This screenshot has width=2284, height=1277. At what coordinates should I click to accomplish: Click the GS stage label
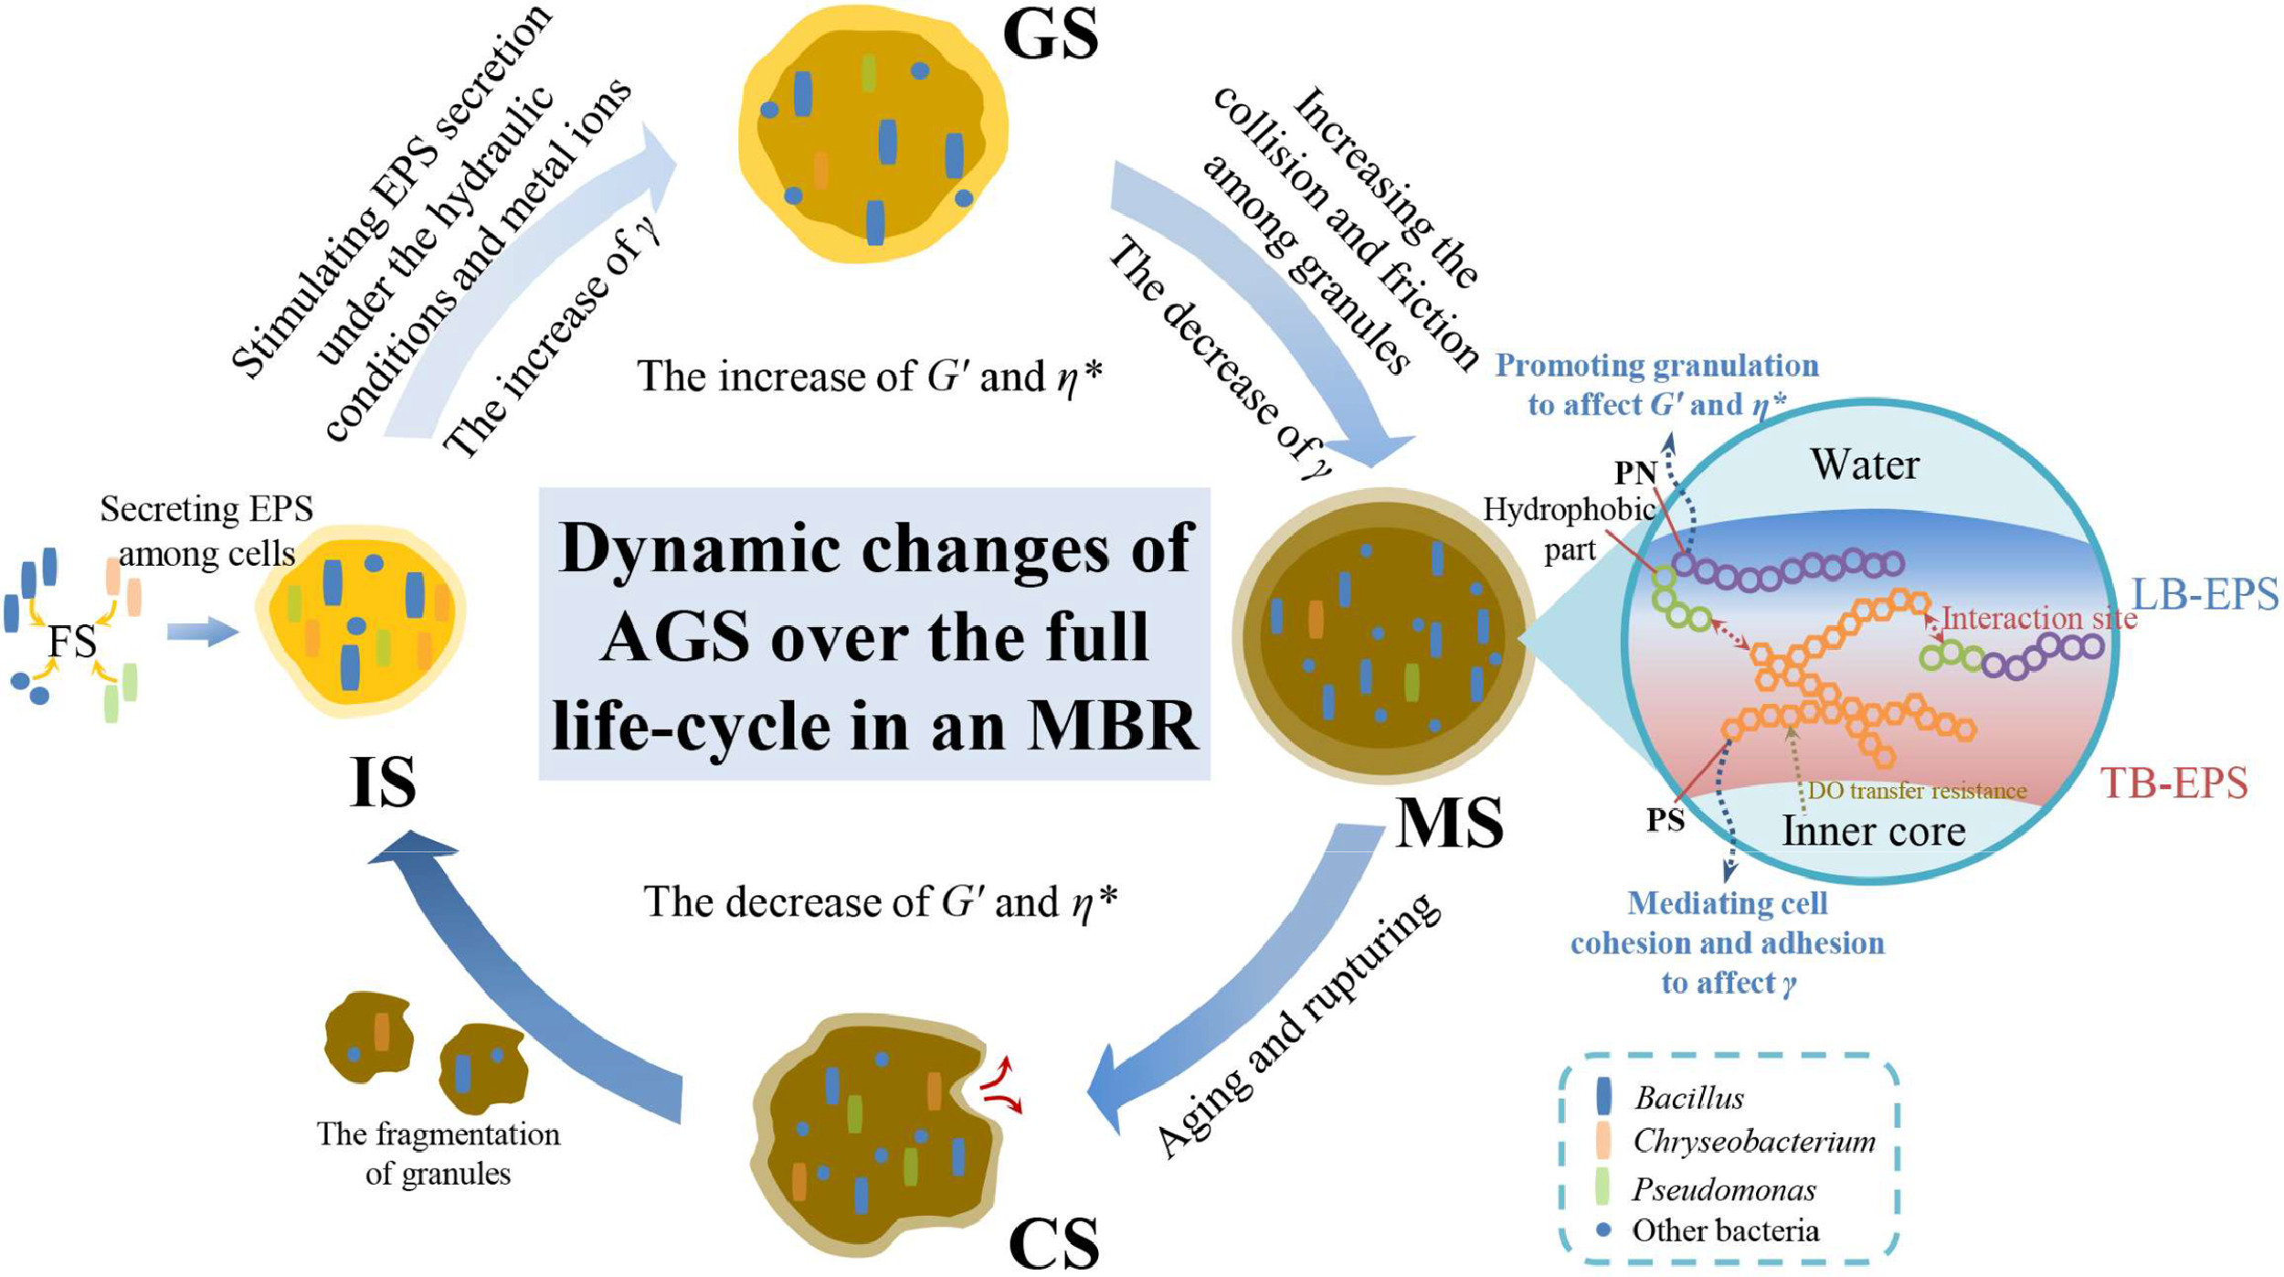point(1050,37)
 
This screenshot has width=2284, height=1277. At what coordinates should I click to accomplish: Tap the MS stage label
point(1449,824)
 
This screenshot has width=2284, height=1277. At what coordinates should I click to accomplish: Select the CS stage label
point(1053,1242)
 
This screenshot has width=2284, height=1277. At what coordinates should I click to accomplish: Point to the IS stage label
point(383,782)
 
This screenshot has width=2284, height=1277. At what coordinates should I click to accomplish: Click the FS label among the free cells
point(71,641)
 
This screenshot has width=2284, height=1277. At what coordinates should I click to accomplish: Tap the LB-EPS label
point(2205,595)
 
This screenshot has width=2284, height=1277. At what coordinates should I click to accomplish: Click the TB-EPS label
point(2174,783)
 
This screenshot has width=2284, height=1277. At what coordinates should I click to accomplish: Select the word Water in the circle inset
point(1865,465)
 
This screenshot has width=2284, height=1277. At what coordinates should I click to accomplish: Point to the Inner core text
point(1874,831)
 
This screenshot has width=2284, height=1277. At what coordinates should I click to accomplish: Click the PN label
point(1634,473)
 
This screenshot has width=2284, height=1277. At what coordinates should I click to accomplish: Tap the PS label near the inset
point(1665,821)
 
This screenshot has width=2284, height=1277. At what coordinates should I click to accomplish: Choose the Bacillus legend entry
point(1688,1098)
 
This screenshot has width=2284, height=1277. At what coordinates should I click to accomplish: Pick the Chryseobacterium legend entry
point(1753,1142)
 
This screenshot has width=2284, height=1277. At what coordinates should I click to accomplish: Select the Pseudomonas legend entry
point(1723,1189)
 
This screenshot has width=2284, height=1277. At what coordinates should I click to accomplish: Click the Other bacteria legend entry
point(1725,1231)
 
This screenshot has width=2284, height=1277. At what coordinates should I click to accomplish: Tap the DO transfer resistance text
point(1917,791)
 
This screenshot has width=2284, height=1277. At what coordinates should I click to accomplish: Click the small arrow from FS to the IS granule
point(203,632)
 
